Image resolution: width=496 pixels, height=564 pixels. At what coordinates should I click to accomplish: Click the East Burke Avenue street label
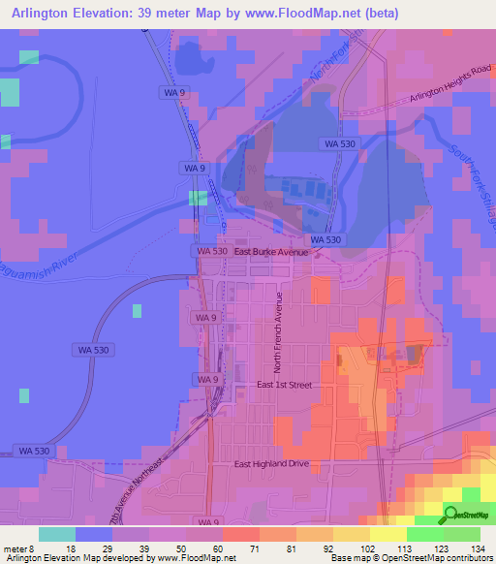pos(270,252)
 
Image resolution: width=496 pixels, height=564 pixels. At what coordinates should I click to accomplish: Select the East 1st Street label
pos(284,385)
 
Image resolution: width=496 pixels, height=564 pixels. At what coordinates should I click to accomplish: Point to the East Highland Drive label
pos(271,464)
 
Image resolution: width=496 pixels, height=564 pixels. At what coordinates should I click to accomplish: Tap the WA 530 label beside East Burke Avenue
pos(211,251)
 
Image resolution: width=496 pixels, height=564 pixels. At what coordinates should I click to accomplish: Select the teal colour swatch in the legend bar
pos(57,533)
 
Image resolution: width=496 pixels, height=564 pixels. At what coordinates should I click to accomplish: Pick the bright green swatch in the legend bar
pos(425,533)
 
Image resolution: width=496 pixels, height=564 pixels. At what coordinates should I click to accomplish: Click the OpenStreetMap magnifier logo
pos(450,515)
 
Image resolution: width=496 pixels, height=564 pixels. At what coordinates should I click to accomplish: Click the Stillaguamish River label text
pos(53,269)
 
